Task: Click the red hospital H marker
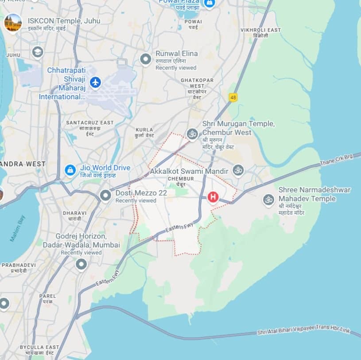coord(213,197)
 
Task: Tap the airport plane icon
coord(95,82)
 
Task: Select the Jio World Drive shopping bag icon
coord(70,169)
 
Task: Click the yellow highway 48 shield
coord(233,97)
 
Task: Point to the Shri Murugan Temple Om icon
coord(192,133)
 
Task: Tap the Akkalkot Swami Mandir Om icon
coord(238,170)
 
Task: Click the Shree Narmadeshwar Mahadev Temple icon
coord(268,200)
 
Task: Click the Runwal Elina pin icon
coord(146,59)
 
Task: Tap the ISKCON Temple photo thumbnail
coord(13,23)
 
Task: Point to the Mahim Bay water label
coord(17,229)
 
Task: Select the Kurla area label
coord(144,133)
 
